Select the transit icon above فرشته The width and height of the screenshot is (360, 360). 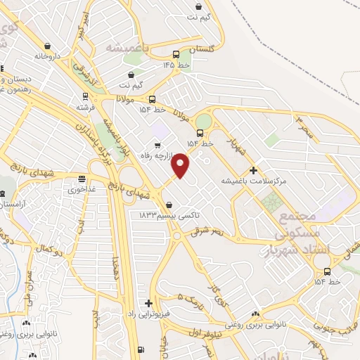point(85,96)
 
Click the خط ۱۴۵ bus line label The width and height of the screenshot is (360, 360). point(178,65)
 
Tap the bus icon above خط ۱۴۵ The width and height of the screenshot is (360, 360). point(176,54)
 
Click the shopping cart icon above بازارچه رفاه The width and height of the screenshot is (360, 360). point(166,147)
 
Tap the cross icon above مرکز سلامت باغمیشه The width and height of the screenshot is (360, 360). point(253,170)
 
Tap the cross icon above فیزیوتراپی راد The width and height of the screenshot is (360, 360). point(148,303)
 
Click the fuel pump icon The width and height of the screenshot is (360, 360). point(141,349)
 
